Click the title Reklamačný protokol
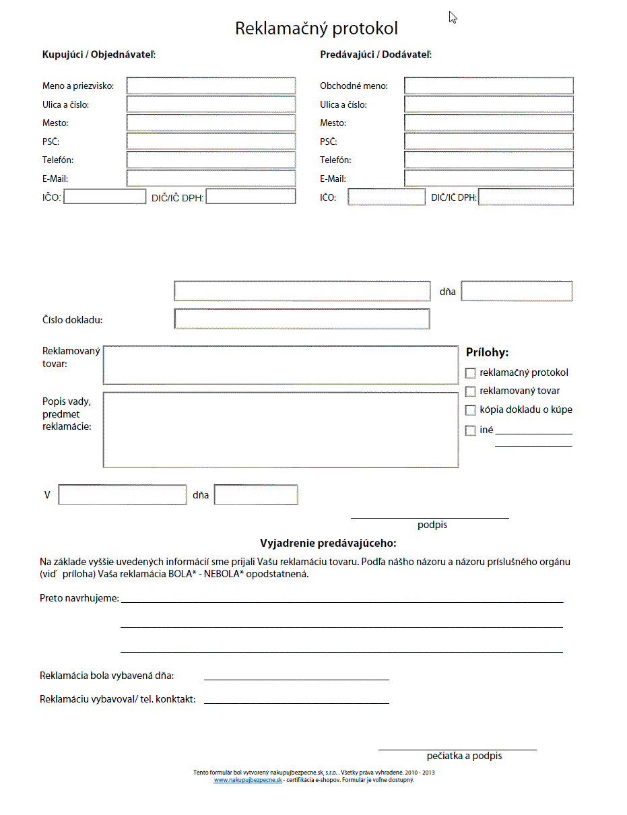point(316,28)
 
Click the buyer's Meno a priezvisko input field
point(211,86)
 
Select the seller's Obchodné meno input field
point(488,86)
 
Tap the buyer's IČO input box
point(104,197)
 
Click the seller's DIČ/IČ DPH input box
point(525,197)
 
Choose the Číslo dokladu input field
point(302,319)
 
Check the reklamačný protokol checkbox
point(471,373)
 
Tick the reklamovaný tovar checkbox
point(471,391)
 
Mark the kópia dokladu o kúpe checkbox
point(471,410)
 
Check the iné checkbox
point(471,431)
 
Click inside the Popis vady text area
point(280,430)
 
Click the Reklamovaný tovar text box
point(280,365)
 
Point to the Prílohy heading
point(487,352)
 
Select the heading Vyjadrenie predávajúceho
point(328,543)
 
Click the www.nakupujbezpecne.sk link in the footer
point(248,780)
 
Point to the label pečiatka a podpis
point(464,756)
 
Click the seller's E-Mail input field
point(488,178)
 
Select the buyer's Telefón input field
point(211,160)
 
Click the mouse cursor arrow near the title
point(453,17)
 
